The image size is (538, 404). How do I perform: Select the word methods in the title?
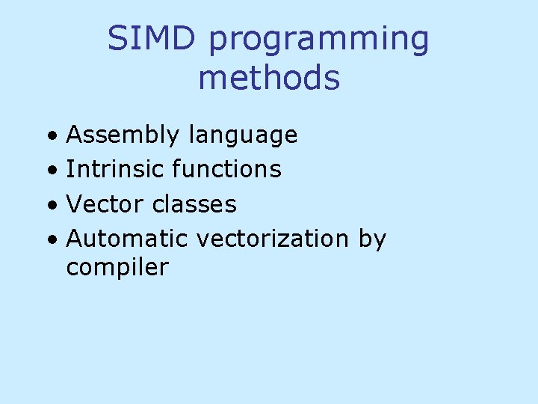[x=269, y=77]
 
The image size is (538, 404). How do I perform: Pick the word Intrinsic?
[x=115, y=169]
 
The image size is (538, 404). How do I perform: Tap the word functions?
[x=226, y=169]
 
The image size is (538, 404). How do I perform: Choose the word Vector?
[x=105, y=203]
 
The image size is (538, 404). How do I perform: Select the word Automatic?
[x=128, y=239]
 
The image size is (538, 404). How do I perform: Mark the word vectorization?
[x=272, y=239]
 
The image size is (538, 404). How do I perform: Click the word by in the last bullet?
[x=372, y=240]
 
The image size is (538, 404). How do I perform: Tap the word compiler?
[x=117, y=268]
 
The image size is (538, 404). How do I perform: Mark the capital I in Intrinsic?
[x=69, y=169]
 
